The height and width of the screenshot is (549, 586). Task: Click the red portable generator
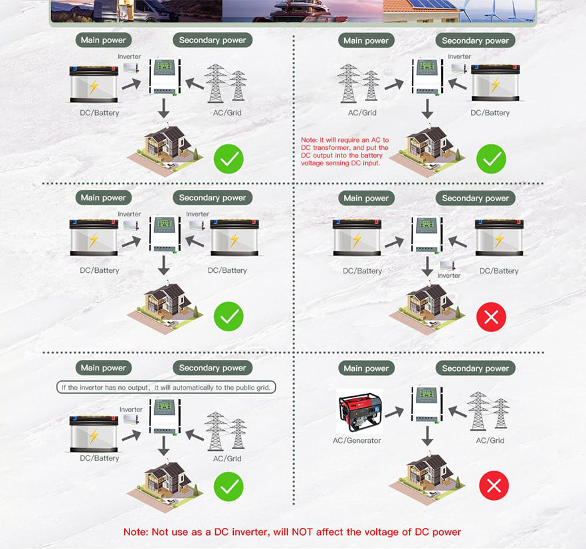(359, 412)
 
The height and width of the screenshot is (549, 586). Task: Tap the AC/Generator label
(357, 441)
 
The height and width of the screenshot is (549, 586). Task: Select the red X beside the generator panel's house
(494, 485)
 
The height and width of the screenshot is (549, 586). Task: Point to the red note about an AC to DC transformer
(345, 151)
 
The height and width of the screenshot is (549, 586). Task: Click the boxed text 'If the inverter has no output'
(106, 387)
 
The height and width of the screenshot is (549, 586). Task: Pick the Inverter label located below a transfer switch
(449, 275)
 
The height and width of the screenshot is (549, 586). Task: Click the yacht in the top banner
(304, 11)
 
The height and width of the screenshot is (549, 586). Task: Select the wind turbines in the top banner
(497, 11)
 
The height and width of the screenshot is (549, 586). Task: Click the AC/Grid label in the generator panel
(490, 441)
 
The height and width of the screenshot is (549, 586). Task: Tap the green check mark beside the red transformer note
(491, 159)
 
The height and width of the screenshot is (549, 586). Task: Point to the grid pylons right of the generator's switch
(488, 410)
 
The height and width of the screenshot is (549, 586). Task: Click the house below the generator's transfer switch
(427, 477)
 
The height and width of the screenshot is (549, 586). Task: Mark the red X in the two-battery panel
(491, 317)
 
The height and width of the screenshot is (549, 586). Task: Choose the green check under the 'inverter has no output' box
(229, 486)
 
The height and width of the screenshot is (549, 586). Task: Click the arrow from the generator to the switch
(394, 412)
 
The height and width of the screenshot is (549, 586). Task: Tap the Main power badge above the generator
(366, 368)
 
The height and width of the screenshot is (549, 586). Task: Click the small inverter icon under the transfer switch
(447, 266)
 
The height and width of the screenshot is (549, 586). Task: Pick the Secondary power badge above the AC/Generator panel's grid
(476, 368)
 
